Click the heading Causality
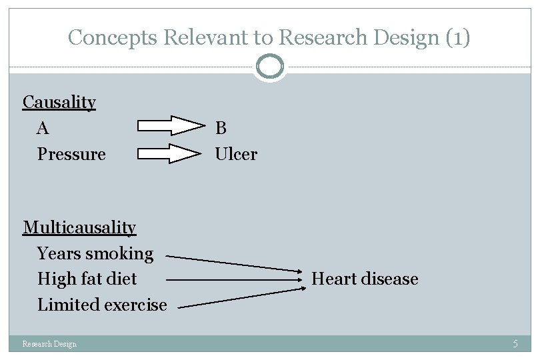pos(59,102)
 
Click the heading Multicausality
pos(79,227)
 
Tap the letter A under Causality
pos(43,127)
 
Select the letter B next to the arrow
pos(221,127)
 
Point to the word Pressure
pos(71,154)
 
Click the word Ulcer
pos(236,154)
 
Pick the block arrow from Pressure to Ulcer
pos(171,153)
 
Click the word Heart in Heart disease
pos(332,279)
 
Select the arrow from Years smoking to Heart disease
pos(233,263)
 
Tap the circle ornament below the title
pos(270,67)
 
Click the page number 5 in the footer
pos(515,344)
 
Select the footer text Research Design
pos(49,344)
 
